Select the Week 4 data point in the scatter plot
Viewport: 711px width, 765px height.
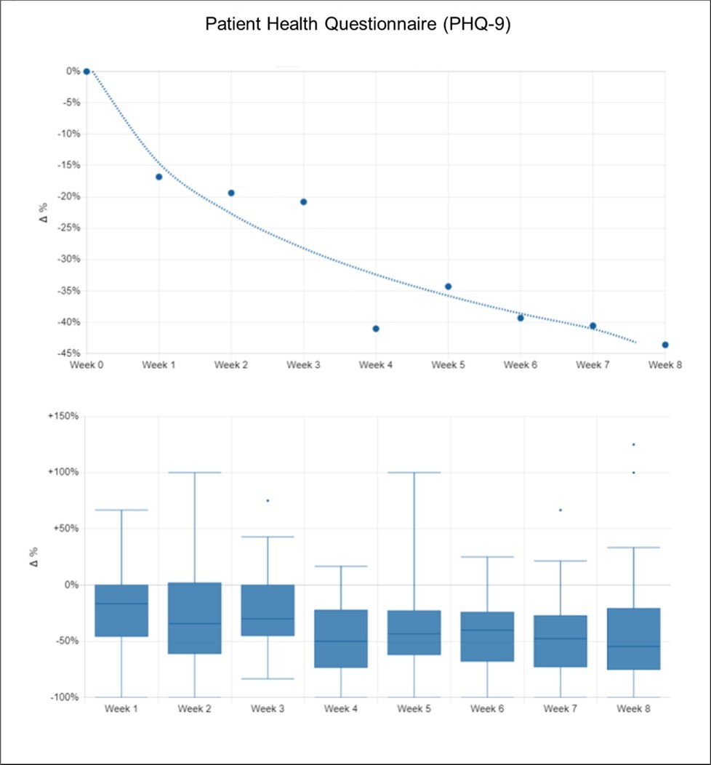click(x=376, y=329)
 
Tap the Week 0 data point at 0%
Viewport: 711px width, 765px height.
click(x=87, y=71)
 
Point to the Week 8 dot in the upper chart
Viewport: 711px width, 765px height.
click(x=665, y=345)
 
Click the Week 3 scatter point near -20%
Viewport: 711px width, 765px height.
click(x=303, y=201)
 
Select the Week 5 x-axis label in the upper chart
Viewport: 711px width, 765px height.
click(x=448, y=364)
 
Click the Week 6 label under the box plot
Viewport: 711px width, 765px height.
click(x=486, y=708)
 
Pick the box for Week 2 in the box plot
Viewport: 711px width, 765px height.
click(x=194, y=618)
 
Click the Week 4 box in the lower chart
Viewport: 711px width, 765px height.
click(x=340, y=638)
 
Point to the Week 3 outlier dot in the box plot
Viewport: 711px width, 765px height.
click(x=268, y=500)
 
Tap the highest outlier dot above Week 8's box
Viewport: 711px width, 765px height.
click(x=633, y=444)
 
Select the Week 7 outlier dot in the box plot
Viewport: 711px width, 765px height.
click(x=560, y=510)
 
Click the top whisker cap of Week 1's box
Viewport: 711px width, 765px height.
click(x=121, y=510)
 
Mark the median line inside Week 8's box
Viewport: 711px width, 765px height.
click(x=633, y=646)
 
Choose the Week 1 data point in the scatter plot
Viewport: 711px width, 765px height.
click(x=158, y=177)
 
